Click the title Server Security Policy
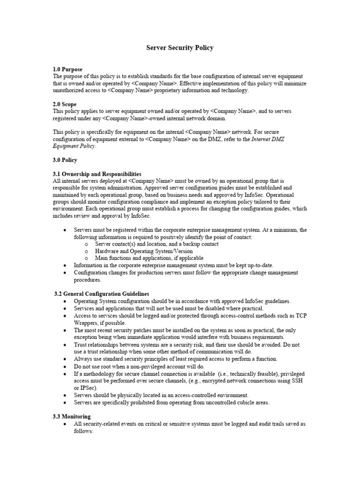(180, 48)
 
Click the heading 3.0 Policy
(65, 160)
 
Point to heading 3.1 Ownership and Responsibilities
(97, 174)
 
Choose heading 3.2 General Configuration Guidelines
(102, 293)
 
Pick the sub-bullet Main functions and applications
(149, 258)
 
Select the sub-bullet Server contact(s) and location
(157, 244)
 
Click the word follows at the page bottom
(84, 430)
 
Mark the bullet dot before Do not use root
(64, 366)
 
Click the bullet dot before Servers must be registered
(64, 230)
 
